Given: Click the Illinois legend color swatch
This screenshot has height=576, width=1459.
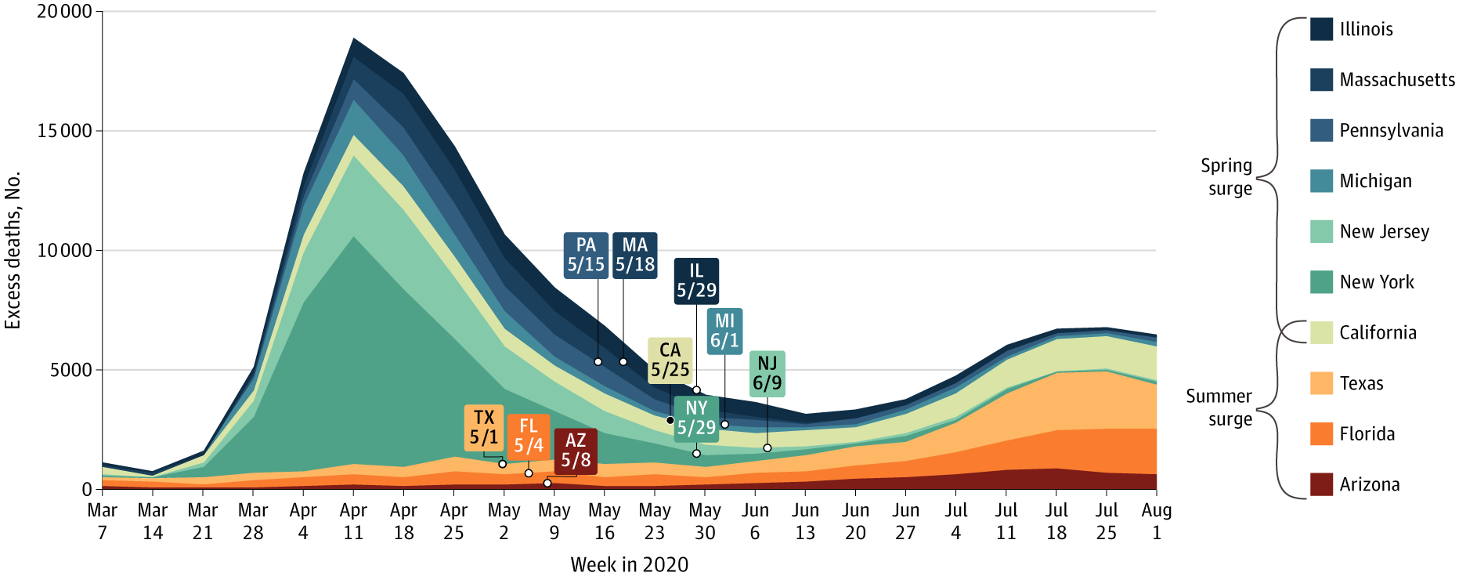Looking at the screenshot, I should (x=1321, y=29).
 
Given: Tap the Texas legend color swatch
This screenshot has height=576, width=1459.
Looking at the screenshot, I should (x=1321, y=383).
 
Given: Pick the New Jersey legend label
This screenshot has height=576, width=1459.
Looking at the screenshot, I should (x=1384, y=231).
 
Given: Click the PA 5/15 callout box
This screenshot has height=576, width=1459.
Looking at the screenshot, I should (x=586, y=255).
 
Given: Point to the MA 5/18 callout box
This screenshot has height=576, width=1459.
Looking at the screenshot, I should (x=634, y=255).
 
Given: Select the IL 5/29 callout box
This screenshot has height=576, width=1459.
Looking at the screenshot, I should (x=696, y=281).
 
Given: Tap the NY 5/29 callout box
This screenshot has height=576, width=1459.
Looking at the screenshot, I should (x=696, y=418).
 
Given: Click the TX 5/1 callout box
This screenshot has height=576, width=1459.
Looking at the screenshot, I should (x=484, y=428).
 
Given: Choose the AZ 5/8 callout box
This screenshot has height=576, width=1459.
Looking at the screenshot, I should (x=576, y=451).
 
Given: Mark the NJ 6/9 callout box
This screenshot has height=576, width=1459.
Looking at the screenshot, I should (x=767, y=374).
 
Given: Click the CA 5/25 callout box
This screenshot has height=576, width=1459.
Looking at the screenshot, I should (x=670, y=360).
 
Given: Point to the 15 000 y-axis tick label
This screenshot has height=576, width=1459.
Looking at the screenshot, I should (x=64, y=131).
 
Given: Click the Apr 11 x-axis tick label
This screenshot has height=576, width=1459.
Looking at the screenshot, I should (x=353, y=521).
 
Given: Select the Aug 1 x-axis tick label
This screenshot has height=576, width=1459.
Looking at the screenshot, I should (x=1156, y=521).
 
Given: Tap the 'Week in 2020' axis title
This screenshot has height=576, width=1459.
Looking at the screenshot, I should (x=629, y=564).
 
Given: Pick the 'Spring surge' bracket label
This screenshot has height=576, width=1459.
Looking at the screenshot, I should (x=1226, y=177).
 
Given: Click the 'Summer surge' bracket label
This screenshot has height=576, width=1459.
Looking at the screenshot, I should (x=1219, y=408).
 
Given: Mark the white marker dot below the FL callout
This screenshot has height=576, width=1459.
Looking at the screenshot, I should (x=529, y=473).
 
